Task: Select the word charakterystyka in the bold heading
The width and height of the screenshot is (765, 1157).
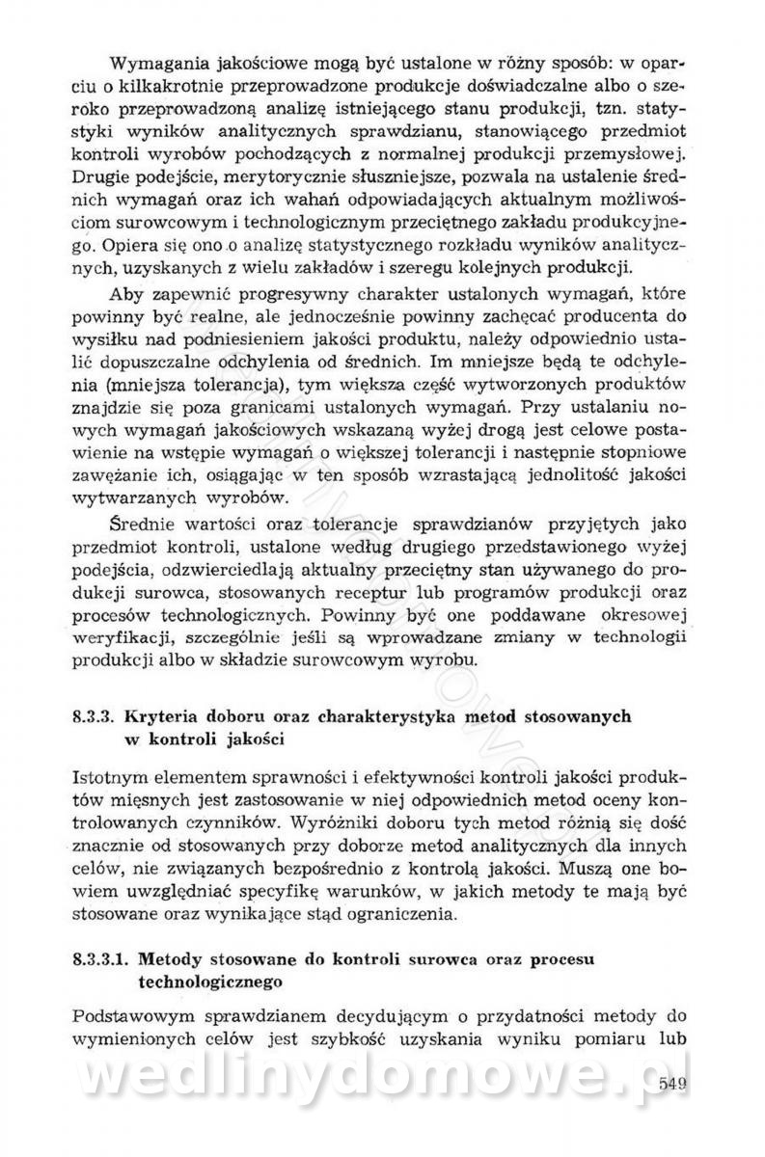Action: click(400, 717)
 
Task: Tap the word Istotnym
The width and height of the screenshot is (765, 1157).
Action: click(112, 777)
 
